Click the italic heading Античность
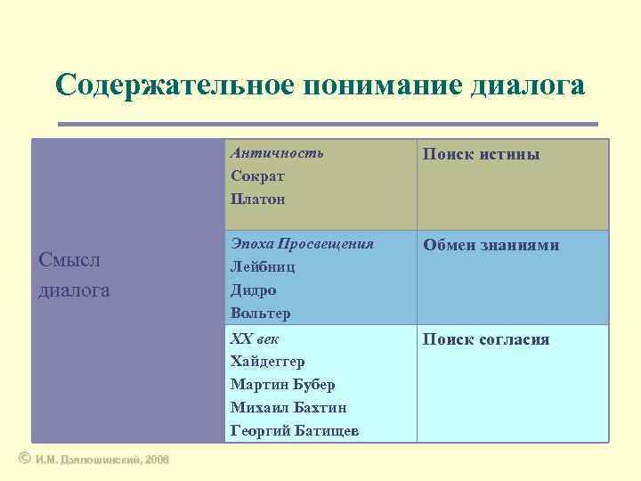277,152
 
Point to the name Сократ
258,175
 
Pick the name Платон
257,199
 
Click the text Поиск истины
482,154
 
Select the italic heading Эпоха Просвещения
302,243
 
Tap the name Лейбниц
263,266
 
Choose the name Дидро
253,289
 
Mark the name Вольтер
260,314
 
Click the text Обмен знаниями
491,245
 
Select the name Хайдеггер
267,362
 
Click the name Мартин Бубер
282,385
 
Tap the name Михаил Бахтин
288,408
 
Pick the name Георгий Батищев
295,431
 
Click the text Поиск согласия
486,339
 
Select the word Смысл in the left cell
70,260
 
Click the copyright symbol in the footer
24,458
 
